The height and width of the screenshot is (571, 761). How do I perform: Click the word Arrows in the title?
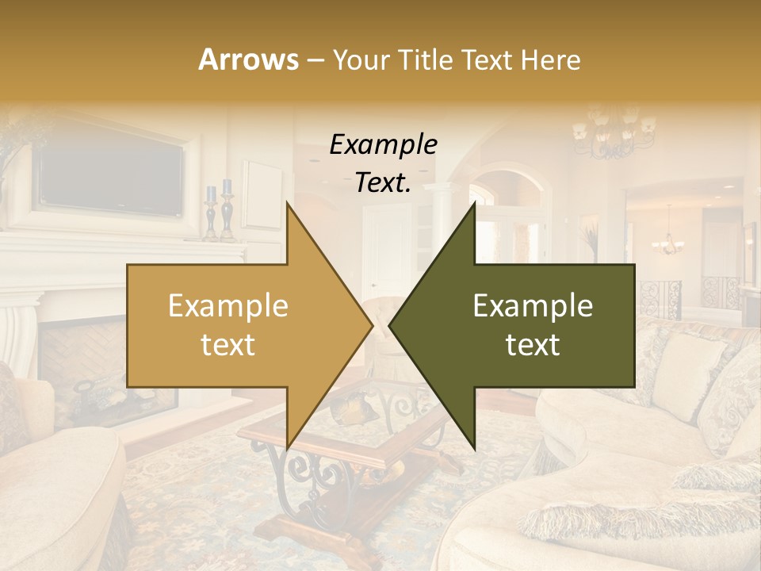(247, 59)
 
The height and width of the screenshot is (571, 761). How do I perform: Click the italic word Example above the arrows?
(384, 144)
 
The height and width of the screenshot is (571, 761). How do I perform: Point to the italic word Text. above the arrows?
(383, 182)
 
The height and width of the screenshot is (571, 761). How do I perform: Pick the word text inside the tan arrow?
(228, 345)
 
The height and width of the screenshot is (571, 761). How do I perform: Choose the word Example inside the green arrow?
(533, 306)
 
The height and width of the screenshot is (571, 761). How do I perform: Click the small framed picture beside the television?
(262, 193)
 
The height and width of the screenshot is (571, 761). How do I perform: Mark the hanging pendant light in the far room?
(668, 238)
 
